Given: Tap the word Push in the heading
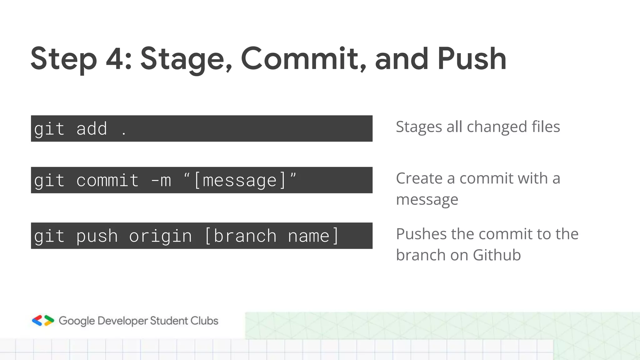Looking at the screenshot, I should point(472,59).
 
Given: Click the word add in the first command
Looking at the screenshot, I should point(92,129).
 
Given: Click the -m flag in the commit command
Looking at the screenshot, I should point(161,181).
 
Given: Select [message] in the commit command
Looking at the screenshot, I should point(240,181).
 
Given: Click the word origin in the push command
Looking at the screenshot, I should point(160,236).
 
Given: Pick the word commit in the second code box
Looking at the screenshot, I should point(107,181).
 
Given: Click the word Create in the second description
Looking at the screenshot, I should point(419,178).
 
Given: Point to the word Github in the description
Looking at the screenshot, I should point(497,255).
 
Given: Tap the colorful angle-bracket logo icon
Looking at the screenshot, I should point(43,321).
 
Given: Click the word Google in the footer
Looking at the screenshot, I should point(77,321).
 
